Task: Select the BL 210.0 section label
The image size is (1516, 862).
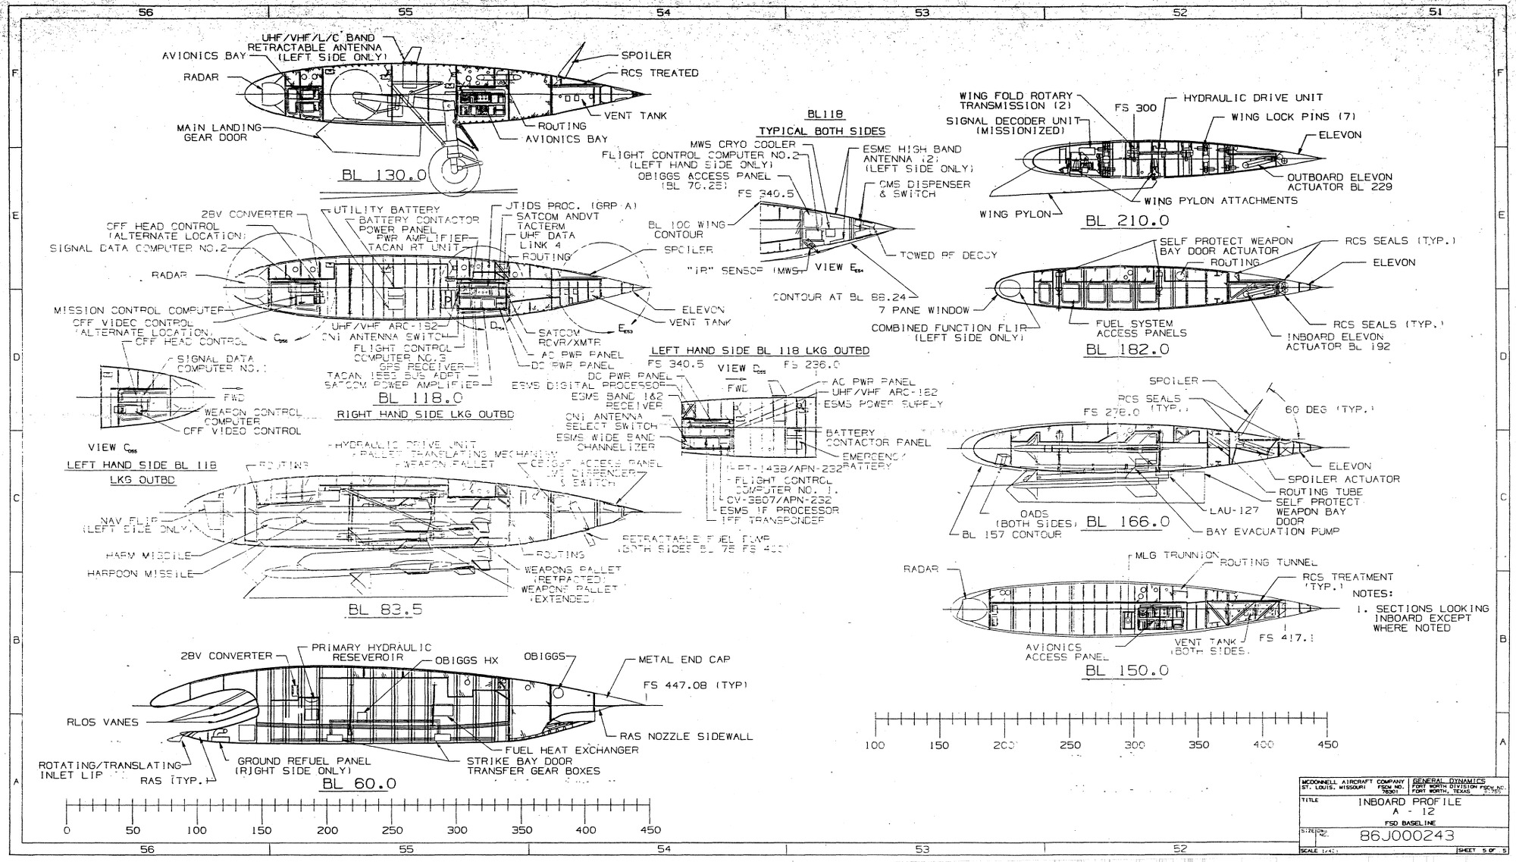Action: point(1126,221)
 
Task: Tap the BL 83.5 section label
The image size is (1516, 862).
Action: point(385,610)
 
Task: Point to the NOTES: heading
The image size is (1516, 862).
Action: point(1373,594)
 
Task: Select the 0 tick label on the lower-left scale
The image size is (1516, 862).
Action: point(67,830)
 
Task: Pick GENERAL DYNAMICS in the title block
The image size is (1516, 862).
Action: point(1448,781)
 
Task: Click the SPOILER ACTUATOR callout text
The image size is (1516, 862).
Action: point(1344,479)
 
